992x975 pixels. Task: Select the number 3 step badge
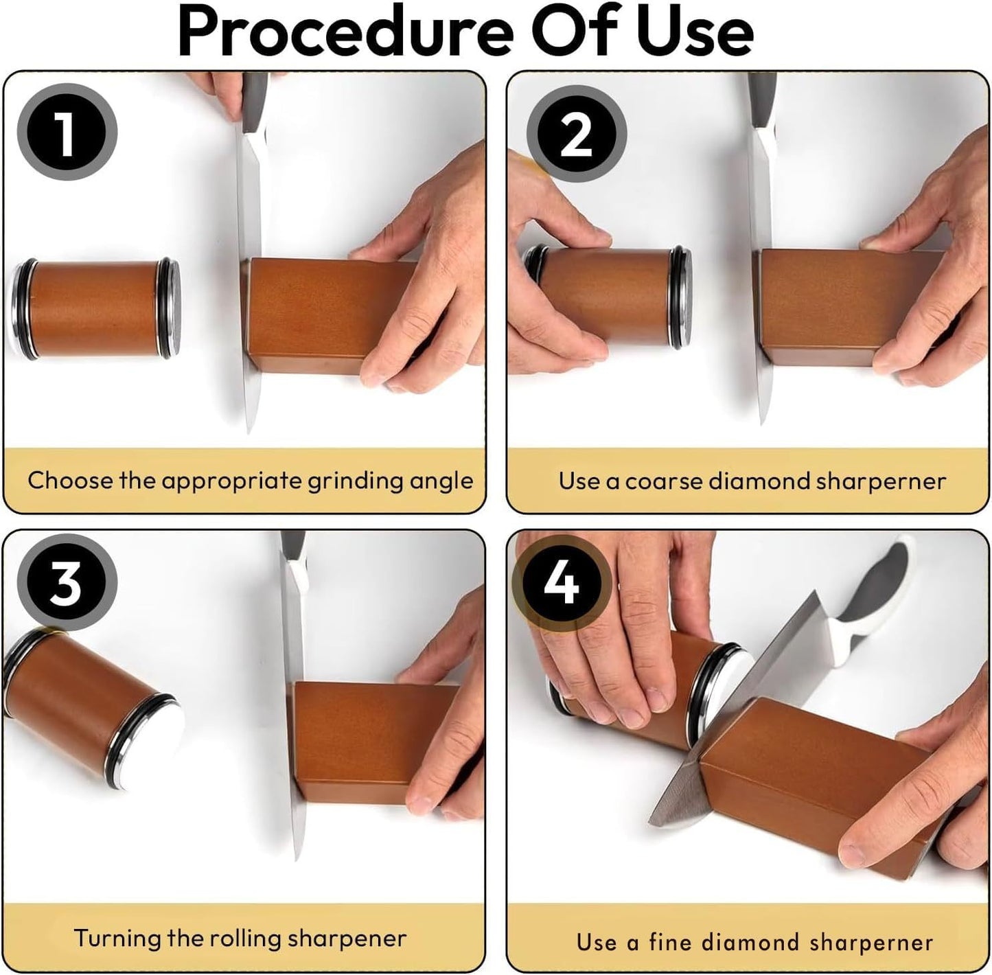[67, 583]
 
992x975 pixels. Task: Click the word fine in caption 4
[667, 942]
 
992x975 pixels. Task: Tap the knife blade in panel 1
[251, 275]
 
